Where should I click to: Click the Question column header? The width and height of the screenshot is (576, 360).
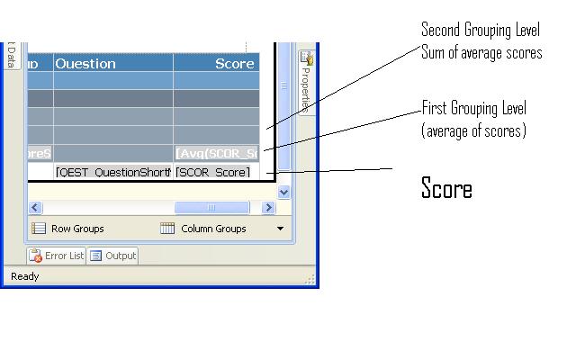86,64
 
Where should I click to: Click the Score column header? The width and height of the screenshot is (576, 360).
234,64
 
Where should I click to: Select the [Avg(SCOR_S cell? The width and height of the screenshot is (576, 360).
217,154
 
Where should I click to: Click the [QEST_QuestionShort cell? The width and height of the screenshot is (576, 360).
112,172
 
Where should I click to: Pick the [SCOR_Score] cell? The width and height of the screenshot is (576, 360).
213,172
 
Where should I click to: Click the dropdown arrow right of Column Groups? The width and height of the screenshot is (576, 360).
280,229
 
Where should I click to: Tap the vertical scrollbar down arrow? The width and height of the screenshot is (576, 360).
284,192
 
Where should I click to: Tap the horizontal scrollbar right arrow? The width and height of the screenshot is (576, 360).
267,208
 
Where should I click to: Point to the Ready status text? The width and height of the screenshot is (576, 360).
24,276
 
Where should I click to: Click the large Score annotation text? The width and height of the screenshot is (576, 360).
446,188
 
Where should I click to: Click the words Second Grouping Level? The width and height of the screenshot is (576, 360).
481,31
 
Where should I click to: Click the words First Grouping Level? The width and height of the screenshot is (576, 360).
474,109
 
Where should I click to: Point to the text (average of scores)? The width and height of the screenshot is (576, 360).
473,131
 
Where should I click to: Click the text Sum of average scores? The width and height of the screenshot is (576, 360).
481,53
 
